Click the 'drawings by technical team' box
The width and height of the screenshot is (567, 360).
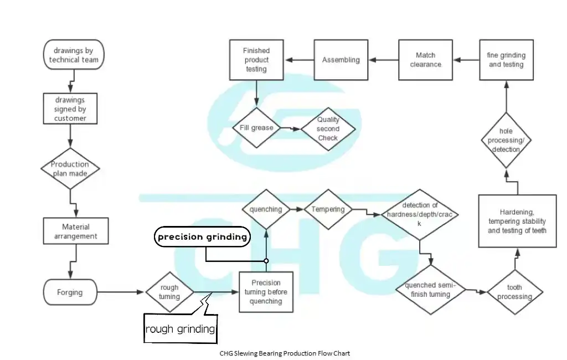(73, 55)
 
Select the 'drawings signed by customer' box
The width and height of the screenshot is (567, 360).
(70, 109)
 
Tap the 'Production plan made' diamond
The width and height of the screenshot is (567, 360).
(70, 168)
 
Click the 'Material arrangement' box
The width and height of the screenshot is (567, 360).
(76, 232)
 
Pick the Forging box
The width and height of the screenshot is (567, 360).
(70, 292)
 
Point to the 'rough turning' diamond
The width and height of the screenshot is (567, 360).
(169, 292)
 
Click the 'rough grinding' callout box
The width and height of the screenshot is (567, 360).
(180, 329)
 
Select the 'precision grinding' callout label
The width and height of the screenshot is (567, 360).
(202, 237)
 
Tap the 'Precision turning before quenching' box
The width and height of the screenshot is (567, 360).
(266, 292)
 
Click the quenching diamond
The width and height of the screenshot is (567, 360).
(266, 209)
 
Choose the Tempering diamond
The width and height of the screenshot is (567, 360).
(328, 209)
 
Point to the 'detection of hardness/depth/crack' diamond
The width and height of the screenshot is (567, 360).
(419, 214)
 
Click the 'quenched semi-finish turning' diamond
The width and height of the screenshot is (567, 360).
(431, 290)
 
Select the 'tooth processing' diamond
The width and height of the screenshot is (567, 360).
(514, 292)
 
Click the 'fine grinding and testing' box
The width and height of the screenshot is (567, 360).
(506, 60)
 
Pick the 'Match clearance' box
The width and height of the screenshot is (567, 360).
(425, 60)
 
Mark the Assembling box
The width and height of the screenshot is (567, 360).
(341, 60)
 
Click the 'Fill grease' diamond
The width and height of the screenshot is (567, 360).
(256, 128)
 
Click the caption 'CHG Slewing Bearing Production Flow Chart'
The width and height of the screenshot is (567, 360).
(285, 353)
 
